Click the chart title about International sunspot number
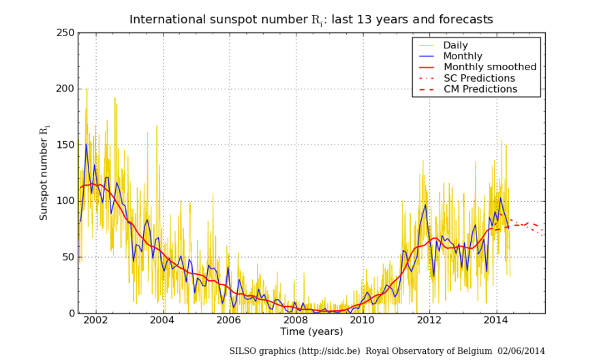(311, 19)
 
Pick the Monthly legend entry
(463, 56)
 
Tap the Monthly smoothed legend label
(490, 67)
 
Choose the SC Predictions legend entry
(479, 78)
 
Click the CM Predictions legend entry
(480, 89)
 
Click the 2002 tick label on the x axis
(95, 320)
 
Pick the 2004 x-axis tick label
(162, 320)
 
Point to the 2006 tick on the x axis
(228, 320)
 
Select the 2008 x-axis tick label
(295, 320)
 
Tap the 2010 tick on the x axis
(362, 320)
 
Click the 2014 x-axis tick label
(496, 320)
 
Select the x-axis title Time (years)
(311, 331)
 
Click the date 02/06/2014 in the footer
(521, 350)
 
